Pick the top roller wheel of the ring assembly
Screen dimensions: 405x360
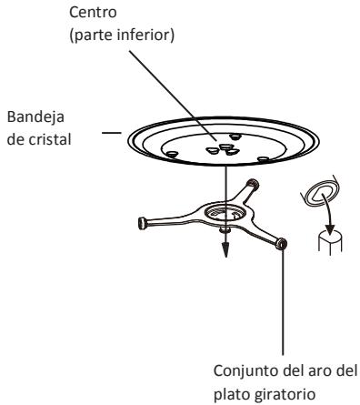[x=252, y=184]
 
